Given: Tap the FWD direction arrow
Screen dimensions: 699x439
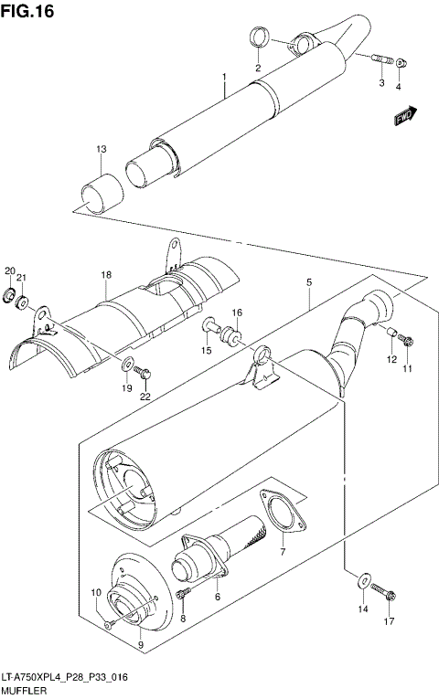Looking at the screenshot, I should [x=404, y=116].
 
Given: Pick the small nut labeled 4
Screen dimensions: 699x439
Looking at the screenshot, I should [x=401, y=64].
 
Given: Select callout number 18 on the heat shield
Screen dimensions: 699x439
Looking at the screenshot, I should [x=106, y=275].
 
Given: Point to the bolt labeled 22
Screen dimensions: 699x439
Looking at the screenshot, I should [x=144, y=372].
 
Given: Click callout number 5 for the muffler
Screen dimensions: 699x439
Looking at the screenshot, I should [x=308, y=283].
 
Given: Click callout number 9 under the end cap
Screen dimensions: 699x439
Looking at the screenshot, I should [x=140, y=644].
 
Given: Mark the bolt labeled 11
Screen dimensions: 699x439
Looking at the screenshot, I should [x=409, y=342].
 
